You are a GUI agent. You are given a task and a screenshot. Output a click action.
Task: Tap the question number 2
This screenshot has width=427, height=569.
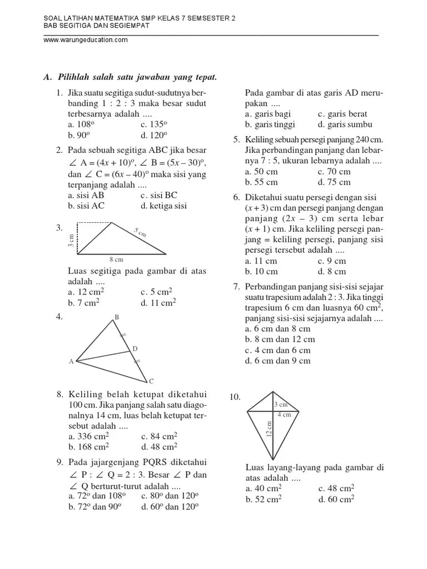[x=58, y=151]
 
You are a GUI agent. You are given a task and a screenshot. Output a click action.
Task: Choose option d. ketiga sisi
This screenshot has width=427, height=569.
[x=164, y=206]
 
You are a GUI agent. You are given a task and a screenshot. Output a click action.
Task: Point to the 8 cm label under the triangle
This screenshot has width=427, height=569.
[x=116, y=259]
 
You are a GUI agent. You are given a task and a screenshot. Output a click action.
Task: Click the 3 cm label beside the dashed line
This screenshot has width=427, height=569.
[x=71, y=240]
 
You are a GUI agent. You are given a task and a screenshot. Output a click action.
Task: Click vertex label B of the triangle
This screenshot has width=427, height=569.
[x=117, y=317]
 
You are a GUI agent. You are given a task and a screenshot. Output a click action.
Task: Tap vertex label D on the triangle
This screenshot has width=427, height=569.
[x=134, y=349]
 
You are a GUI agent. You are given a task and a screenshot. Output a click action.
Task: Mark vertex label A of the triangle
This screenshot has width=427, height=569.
[x=71, y=362]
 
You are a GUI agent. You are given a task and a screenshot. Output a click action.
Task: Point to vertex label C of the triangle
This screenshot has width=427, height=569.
[x=150, y=381]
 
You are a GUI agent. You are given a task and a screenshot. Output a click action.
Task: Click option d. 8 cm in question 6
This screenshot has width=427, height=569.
[x=332, y=271]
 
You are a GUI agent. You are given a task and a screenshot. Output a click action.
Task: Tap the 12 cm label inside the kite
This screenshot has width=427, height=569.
[x=269, y=428]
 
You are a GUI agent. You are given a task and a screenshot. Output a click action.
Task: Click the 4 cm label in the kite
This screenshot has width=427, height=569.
[x=284, y=415]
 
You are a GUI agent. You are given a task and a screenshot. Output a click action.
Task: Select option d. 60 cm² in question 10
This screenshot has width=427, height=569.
[x=336, y=499]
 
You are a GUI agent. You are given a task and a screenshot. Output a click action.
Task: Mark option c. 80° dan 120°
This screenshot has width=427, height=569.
[x=170, y=496]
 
